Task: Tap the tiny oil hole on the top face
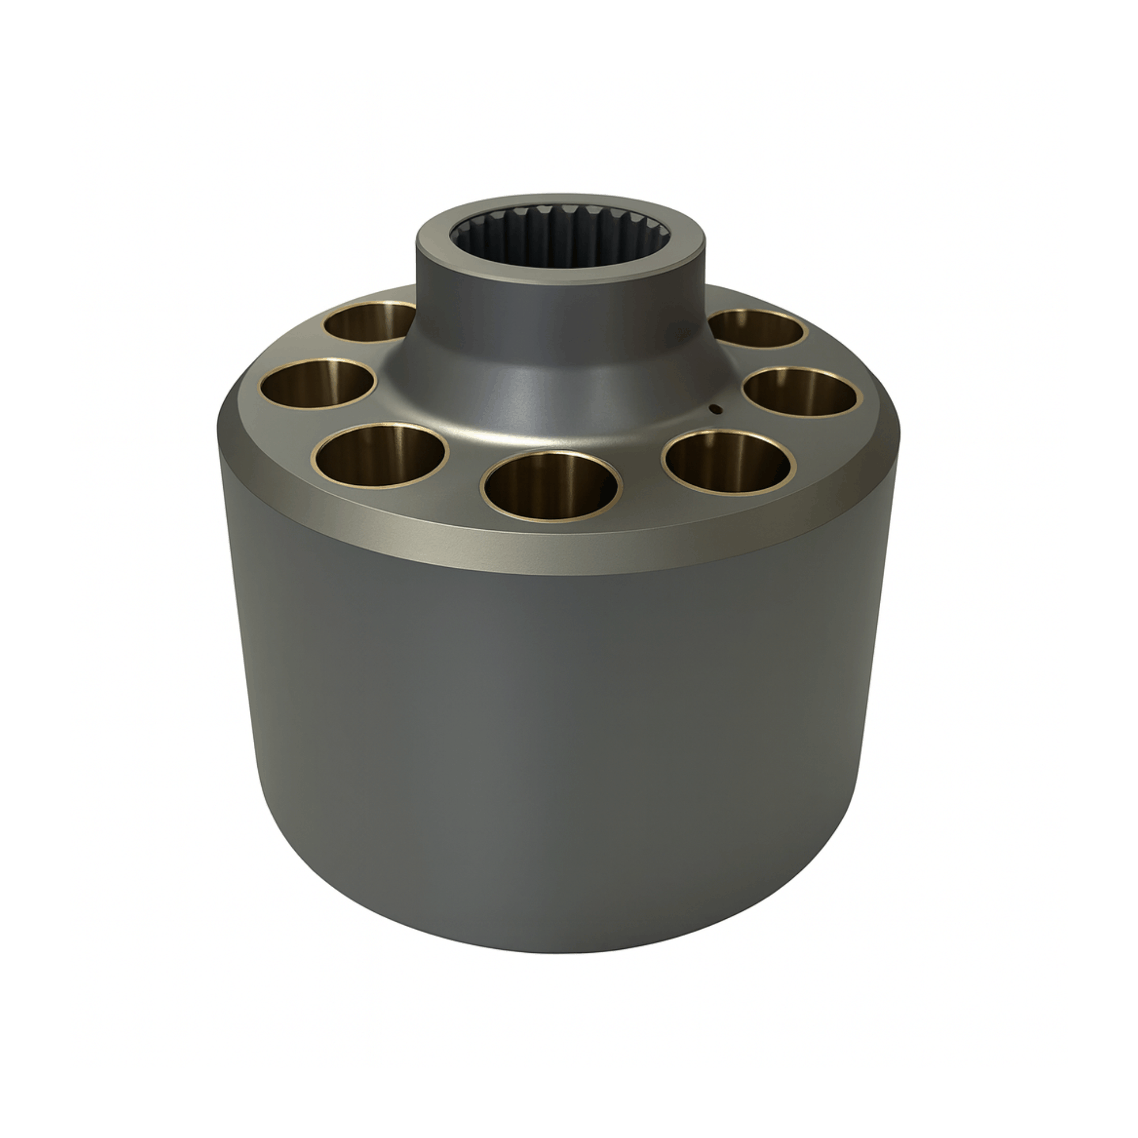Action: point(715,409)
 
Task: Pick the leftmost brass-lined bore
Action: point(317,383)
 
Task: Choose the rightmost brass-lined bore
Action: point(800,392)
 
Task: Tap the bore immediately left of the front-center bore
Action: point(380,455)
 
